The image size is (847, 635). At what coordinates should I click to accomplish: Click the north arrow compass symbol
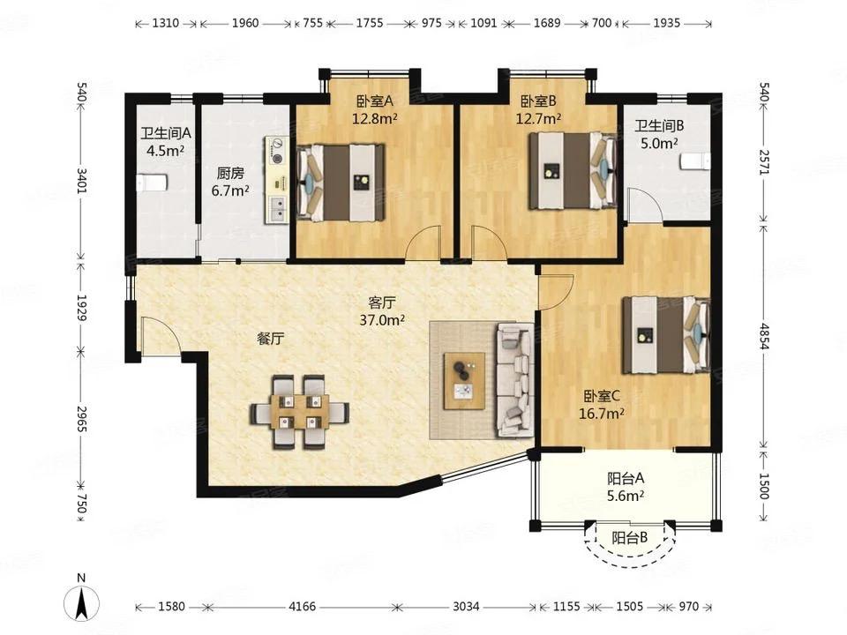[x=81, y=602]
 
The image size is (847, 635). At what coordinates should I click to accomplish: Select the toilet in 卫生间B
[x=693, y=162]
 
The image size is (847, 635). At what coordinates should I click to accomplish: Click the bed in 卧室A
[x=341, y=183]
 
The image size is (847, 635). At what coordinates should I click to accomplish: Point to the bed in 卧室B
[x=573, y=170]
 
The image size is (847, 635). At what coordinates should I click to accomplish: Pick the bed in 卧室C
[x=666, y=335]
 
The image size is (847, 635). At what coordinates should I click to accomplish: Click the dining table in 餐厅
[x=299, y=412]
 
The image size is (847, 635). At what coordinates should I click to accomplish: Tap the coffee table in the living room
[x=465, y=381]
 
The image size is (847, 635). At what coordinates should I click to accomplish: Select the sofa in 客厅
[x=514, y=380]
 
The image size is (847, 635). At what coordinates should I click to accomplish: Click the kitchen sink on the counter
[x=278, y=209]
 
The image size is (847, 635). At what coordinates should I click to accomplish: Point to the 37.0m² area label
[x=382, y=320]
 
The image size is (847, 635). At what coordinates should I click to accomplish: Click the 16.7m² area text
[x=602, y=414]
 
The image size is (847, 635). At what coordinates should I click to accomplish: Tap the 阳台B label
[x=629, y=537]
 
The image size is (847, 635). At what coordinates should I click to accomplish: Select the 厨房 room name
[x=230, y=174]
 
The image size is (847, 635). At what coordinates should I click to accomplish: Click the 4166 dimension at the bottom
[x=302, y=607]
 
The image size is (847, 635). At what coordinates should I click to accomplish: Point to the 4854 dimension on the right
[x=763, y=336]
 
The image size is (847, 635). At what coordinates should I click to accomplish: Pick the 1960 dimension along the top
[x=245, y=23]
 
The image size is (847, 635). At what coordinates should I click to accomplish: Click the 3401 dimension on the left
[x=81, y=181]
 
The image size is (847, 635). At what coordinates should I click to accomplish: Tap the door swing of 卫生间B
[x=644, y=204]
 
